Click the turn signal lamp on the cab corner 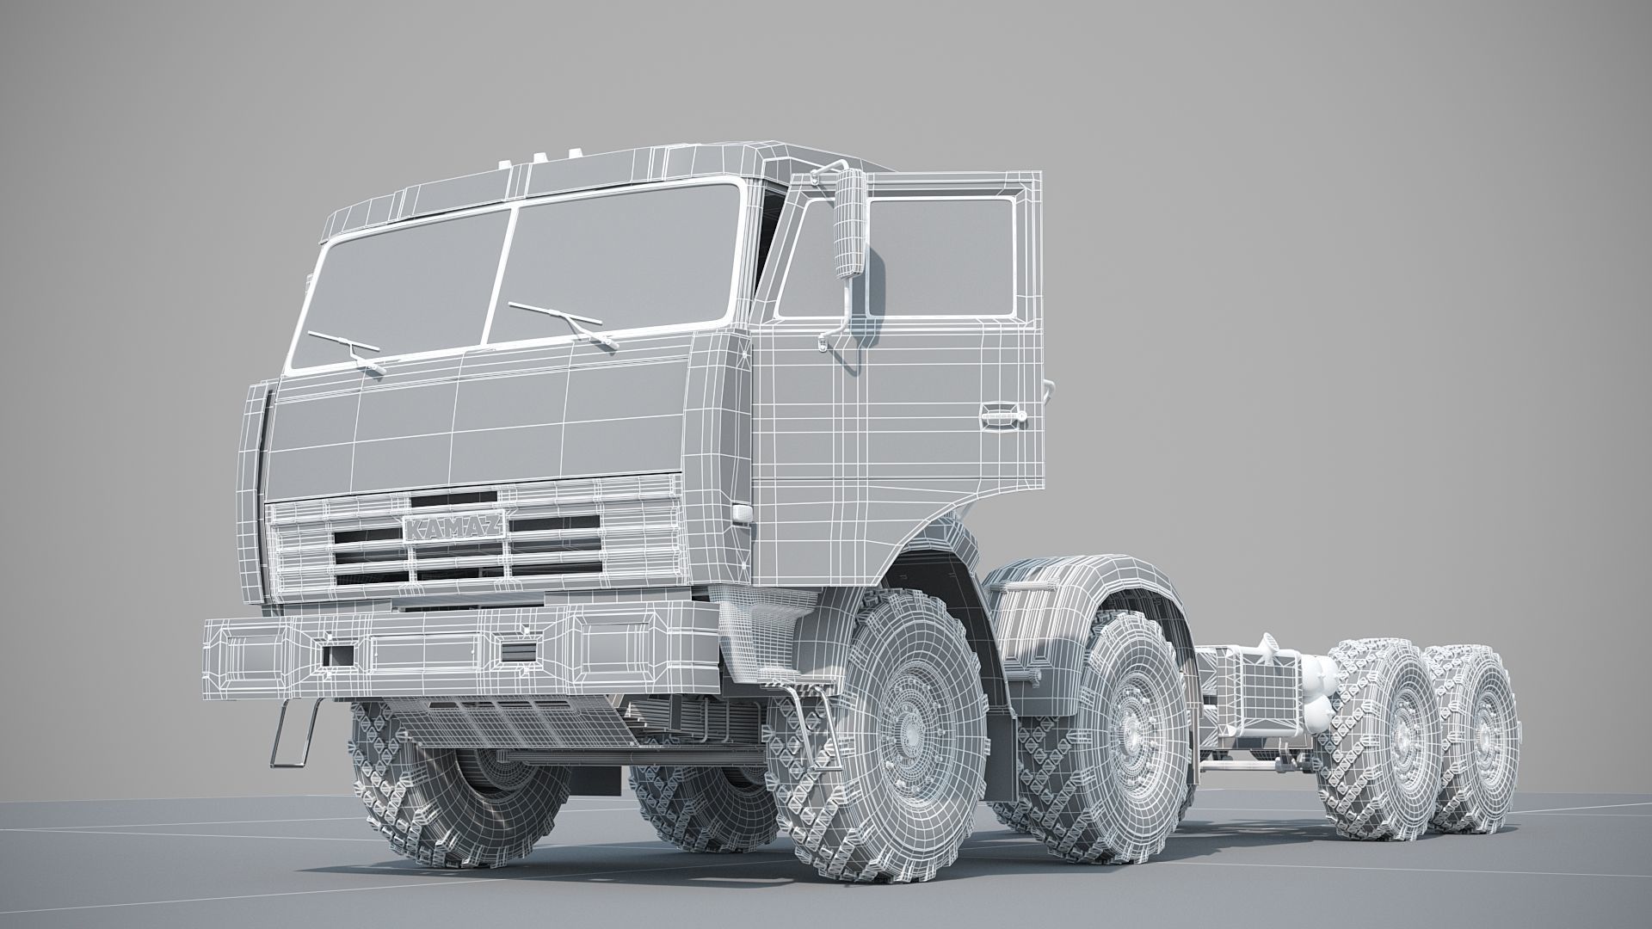(x=741, y=513)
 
